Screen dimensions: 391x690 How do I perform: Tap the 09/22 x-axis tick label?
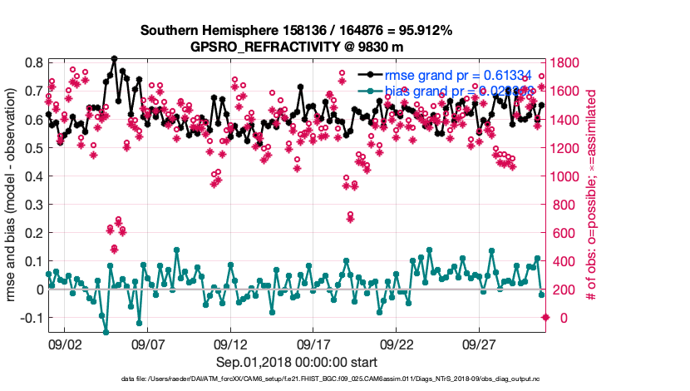(x=397, y=344)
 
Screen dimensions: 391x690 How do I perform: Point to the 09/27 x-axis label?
(x=480, y=344)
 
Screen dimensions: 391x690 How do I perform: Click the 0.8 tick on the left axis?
(x=33, y=63)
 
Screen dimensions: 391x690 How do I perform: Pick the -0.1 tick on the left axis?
(x=31, y=319)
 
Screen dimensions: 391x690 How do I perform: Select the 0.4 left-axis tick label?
(x=33, y=176)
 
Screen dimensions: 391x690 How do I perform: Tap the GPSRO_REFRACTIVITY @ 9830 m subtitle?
(x=296, y=46)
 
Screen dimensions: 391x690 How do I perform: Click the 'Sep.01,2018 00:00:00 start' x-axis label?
(x=296, y=362)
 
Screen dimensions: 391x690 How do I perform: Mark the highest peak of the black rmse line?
(x=114, y=58)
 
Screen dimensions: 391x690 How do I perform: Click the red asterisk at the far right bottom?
(x=545, y=317)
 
